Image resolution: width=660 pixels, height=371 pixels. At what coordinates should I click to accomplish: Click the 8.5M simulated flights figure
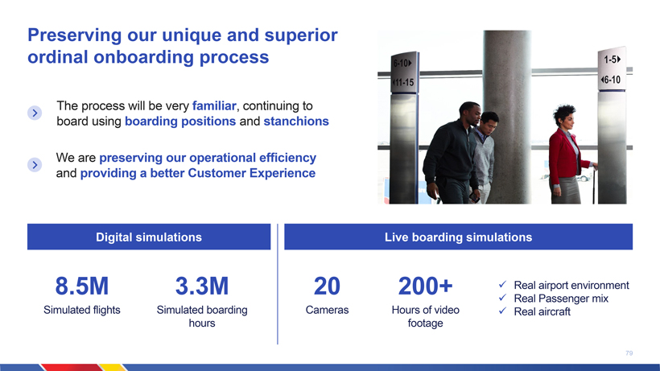pyautogui.click(x=81, y=286)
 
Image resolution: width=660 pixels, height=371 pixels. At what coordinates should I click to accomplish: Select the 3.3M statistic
pyautogui.click(x=202, y=286)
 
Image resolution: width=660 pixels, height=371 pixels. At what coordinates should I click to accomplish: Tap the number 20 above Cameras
pyautogui.click(x=327, y=286)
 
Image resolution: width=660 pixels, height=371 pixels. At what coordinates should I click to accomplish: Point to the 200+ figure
pyautogui.click(x=425, y=286)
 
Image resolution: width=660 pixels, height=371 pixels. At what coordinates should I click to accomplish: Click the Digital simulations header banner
pyautogui.click(x=149, y=237)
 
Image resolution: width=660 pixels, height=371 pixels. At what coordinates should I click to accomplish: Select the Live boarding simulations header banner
pyautogui.click(x=459, y=237)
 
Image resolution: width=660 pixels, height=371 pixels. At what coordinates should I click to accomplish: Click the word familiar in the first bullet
pyautogui.click(x=214, y=105)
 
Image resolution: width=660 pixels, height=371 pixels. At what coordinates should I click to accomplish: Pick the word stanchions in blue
pyautogui.click(x=296, y=122)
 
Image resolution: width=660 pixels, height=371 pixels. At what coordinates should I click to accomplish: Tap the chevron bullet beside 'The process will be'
pyautogui.click(x=35, y=113)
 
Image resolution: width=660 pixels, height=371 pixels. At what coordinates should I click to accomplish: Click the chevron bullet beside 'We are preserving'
pyautogui.click(x=35, y=164)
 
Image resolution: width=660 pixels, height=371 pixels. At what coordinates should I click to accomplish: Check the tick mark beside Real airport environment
pyautogui.click(x=502, y=285)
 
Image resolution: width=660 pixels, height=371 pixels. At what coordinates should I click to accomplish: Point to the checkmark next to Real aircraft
pyautogui.click(x=502, y=311)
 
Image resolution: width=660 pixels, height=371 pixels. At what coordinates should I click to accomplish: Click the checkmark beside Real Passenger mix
pyautogui.click(x=502, y=298)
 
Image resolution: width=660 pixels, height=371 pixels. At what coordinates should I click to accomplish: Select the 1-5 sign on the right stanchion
pyautogui.click(x=613, y=60)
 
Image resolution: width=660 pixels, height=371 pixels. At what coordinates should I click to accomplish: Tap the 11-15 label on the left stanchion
pyautogui.click(x=403, y=82)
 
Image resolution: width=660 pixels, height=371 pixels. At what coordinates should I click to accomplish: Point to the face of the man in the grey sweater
pyautogui.click(x=489, y=124)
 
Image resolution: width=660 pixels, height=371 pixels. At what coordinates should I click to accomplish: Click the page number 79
pyautogui.click(x=629, y=353)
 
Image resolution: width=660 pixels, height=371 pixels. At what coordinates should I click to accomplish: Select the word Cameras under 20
pyautogui.click(x=327, y=310)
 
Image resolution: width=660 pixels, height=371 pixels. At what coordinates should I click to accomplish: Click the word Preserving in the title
pyautogui.click(x=75, y=35)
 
